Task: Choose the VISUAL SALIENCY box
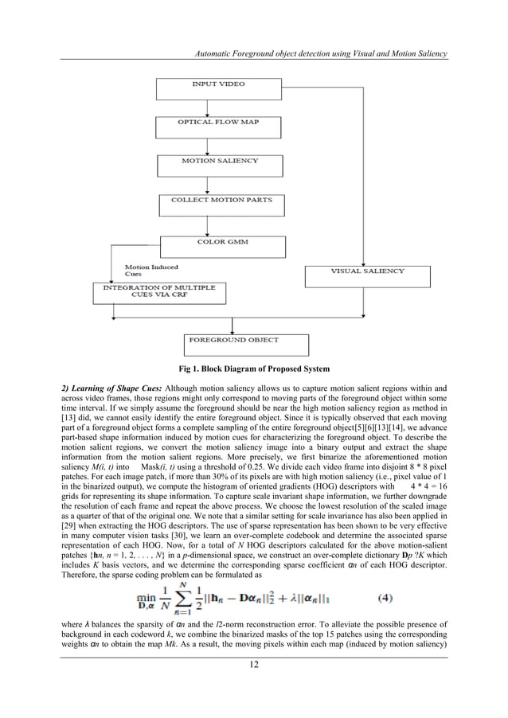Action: pos(368,275)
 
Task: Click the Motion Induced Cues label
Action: pos(151,271)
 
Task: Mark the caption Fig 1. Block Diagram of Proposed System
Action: pos(253,369)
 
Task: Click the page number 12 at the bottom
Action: pos(253,665)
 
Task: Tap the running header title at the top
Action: pos(315,53)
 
